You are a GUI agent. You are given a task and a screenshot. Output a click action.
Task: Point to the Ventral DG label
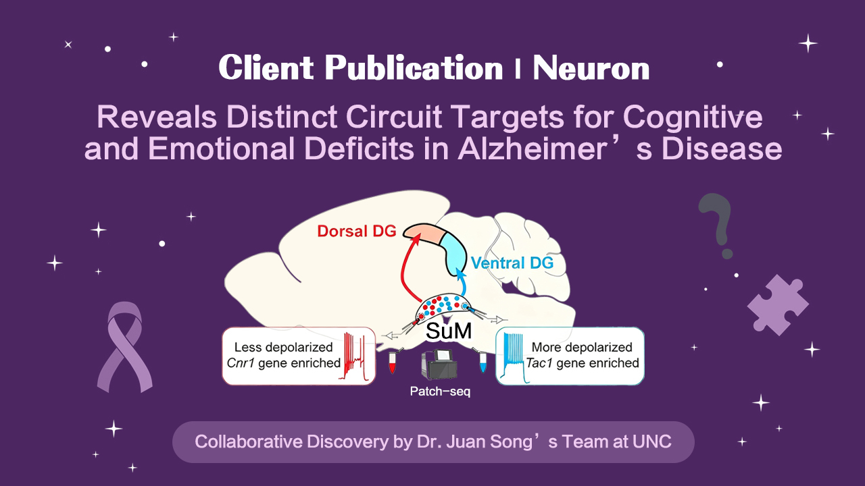point(512,263)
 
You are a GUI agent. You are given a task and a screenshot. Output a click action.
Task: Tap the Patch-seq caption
point(440,391)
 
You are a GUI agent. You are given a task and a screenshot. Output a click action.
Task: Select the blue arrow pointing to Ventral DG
point(462,283)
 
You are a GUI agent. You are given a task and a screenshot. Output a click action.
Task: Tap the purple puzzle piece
point(777,304)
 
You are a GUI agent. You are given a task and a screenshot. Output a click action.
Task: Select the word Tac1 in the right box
point(546,363)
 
